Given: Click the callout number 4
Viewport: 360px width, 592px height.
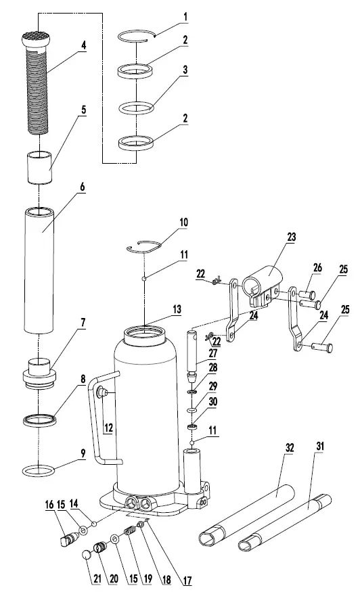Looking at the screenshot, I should pos(84,45).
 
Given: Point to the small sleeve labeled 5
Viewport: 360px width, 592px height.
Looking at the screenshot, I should pos(39,168).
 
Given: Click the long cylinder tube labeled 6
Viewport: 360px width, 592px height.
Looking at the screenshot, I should pos(40,271).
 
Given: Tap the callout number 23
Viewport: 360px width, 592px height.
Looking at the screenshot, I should pos(292,237).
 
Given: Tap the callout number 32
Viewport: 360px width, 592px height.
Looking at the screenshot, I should pos(290,447).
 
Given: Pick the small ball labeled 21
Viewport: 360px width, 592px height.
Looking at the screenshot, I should pos(89,555).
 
